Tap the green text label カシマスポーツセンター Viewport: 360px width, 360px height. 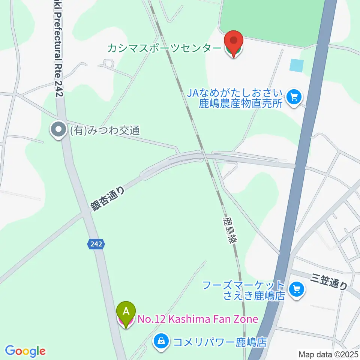(165, 48)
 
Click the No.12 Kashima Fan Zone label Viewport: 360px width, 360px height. (198, 319)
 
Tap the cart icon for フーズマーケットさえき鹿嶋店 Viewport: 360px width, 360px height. (297, 289)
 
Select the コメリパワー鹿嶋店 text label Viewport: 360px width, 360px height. (219, 342)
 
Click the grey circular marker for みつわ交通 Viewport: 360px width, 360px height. (58, 130)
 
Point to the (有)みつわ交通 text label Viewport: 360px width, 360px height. (105, 130)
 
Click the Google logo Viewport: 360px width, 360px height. (25, 351)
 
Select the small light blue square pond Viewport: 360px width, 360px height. (296, 66)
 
